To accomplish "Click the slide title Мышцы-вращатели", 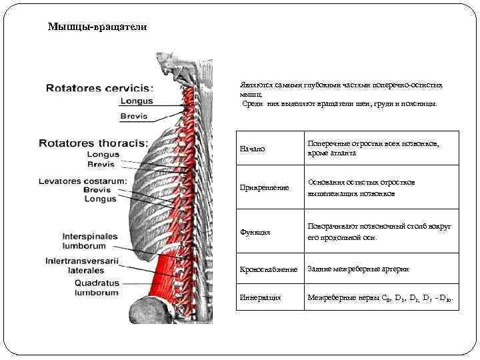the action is pos(97,28).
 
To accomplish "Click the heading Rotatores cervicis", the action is pos(99,87).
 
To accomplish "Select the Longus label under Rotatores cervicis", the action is pos(136,101).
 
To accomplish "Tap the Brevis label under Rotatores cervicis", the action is pos(134,116).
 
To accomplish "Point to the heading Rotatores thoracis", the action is pos(94,143).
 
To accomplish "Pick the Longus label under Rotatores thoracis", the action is pos(103,155).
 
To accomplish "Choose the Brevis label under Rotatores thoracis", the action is pos(101,164).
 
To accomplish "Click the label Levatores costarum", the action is pos(83,181).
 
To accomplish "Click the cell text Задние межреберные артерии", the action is pos(358,269).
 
